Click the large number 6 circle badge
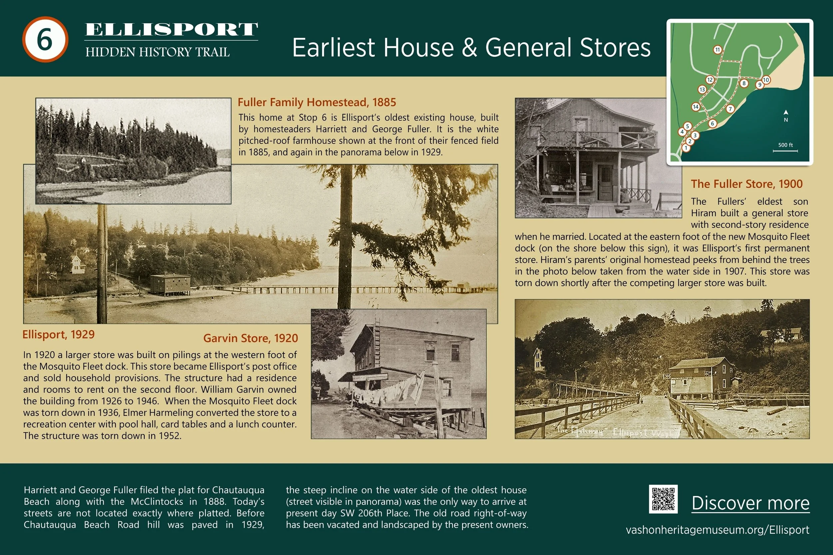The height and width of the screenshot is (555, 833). click(45, 39)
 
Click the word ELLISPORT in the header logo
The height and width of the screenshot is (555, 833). click(171, 29)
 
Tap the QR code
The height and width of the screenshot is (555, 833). click(663, 499)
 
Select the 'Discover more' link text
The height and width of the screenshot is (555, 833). click(750, 503)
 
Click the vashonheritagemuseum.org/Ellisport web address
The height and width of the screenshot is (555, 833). click(717, 530)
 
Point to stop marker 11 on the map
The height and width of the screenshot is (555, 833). click(717, 50)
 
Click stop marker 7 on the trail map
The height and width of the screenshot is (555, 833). click(730, 109)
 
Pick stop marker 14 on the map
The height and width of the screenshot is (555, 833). click(696, 107)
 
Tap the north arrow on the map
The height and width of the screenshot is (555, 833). click(786, 112)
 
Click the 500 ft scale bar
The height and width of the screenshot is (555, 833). click(785, 151)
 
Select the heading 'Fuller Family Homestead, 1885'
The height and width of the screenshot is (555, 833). click(317, 102)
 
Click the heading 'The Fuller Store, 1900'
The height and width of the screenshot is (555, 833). click(747, 184)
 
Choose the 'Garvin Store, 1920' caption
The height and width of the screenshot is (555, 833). click(250, 338)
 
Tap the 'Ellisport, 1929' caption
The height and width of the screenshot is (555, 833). click(58, 335)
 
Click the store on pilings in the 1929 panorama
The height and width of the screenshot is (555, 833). click(170, 284)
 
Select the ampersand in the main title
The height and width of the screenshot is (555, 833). click(469, 48)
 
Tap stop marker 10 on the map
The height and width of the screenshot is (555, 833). click(766, 80)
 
